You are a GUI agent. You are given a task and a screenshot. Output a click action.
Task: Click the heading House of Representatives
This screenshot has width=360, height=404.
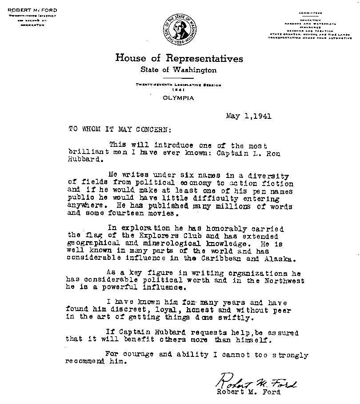tap(179, 58)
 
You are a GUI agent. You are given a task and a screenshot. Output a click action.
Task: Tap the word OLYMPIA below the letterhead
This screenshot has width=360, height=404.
tap(179, 98)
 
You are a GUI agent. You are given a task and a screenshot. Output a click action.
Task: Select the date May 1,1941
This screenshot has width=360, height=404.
tap(248, 117)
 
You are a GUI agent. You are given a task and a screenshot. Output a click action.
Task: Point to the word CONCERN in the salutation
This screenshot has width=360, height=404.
tap(148, 130)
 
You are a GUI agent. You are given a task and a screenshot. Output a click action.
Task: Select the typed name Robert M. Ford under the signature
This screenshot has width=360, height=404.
tap(248, 392)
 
